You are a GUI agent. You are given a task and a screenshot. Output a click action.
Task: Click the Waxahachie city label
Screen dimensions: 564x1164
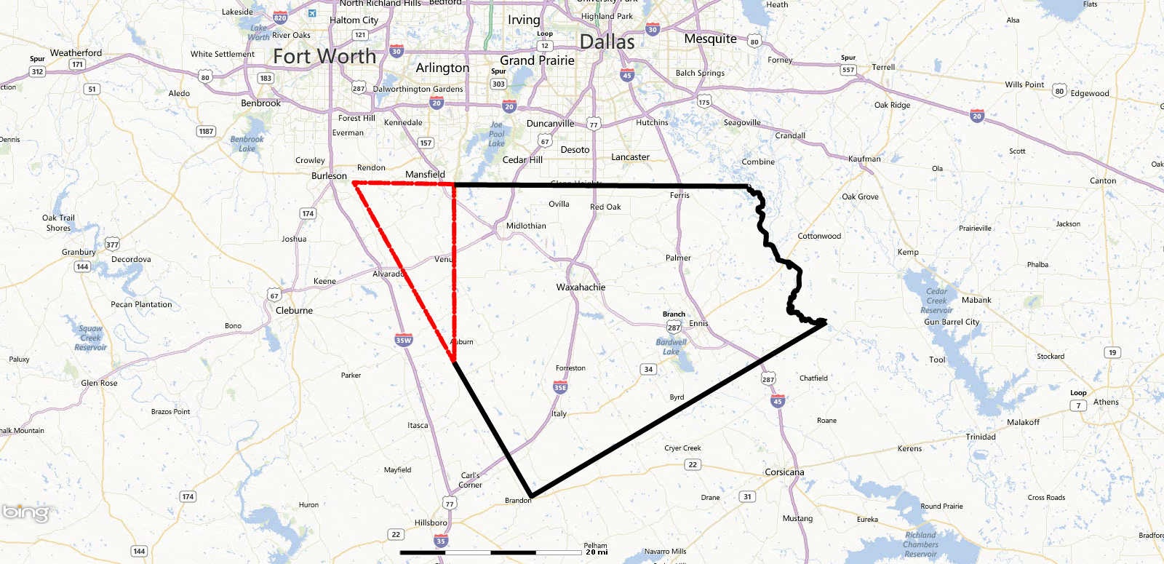click(x=581, y=287)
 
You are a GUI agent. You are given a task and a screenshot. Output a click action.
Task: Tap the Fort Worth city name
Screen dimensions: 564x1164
click(x=324, y=56)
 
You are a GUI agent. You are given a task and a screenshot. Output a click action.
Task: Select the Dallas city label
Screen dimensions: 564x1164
click(x=607, y=42)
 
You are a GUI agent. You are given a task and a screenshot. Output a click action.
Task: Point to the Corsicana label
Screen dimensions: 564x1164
click(x=784, y=472)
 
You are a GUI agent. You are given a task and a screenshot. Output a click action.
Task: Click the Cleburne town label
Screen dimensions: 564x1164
click(x=294, y=311)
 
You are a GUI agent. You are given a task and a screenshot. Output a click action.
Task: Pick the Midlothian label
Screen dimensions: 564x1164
click(x=526, y=226)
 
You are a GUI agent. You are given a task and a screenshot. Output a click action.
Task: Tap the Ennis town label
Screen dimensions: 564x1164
click(x=698, y=323)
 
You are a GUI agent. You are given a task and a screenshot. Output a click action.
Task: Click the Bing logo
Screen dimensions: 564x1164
click(x=25, y=512)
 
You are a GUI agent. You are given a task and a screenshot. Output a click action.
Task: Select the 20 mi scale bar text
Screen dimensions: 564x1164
click(x=597, y=552)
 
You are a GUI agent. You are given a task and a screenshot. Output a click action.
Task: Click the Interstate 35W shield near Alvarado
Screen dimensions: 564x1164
click(x=403, y=340)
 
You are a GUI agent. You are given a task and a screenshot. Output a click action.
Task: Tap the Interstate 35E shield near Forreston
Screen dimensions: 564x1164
click(x=560, y=387)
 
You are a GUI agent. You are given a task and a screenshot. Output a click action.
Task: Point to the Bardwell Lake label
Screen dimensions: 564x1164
click(x=671, y=347)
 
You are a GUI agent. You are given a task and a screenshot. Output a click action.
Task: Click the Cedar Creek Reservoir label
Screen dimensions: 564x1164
click(x=937, y=301)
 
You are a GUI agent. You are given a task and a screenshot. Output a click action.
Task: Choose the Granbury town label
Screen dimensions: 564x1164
click(x=79, y=252)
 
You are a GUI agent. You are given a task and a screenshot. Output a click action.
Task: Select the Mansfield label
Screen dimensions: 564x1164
click(x=425, y=175)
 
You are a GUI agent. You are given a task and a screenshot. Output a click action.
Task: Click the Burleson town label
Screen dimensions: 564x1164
click(x=329, y=176)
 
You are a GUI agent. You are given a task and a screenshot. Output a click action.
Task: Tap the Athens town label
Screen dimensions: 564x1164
click(x=1106, y=402)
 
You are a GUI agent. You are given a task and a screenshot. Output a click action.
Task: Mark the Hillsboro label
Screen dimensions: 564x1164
click(x=431, y=523)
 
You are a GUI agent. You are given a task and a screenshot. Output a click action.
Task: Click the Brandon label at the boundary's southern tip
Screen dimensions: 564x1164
click(x=518, y=501)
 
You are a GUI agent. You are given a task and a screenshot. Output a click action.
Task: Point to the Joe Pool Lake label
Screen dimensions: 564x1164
click(x=496, y=134)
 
